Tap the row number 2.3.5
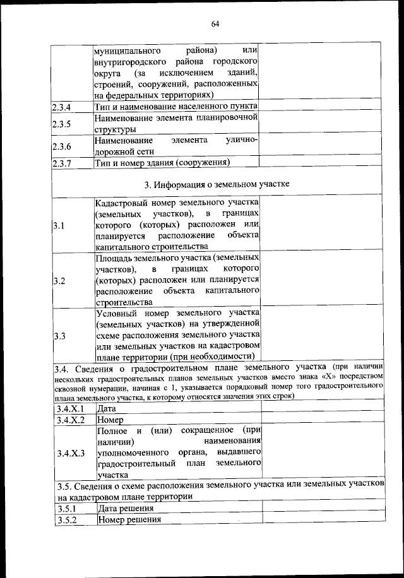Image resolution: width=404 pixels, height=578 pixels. tap(62, 123)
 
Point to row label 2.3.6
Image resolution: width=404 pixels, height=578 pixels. tap(62, 146)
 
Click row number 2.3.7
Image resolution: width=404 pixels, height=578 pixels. tap(62, 163)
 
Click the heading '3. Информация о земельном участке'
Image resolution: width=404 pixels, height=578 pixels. tap(217, 185)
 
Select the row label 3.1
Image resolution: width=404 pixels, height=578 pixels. tap(59, 225)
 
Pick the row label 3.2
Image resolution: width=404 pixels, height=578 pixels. tap(59, 280)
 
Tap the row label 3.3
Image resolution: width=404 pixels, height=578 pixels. tap(59, 336)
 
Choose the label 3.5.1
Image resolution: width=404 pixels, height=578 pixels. tap(66, 509)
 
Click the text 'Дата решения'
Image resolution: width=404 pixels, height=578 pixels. tap(125, 509)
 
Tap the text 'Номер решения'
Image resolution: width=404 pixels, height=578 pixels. tap(128, 520)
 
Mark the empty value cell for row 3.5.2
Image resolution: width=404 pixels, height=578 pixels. tap(323, 520)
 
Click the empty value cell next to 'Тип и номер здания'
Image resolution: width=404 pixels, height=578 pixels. tap(321, 163)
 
